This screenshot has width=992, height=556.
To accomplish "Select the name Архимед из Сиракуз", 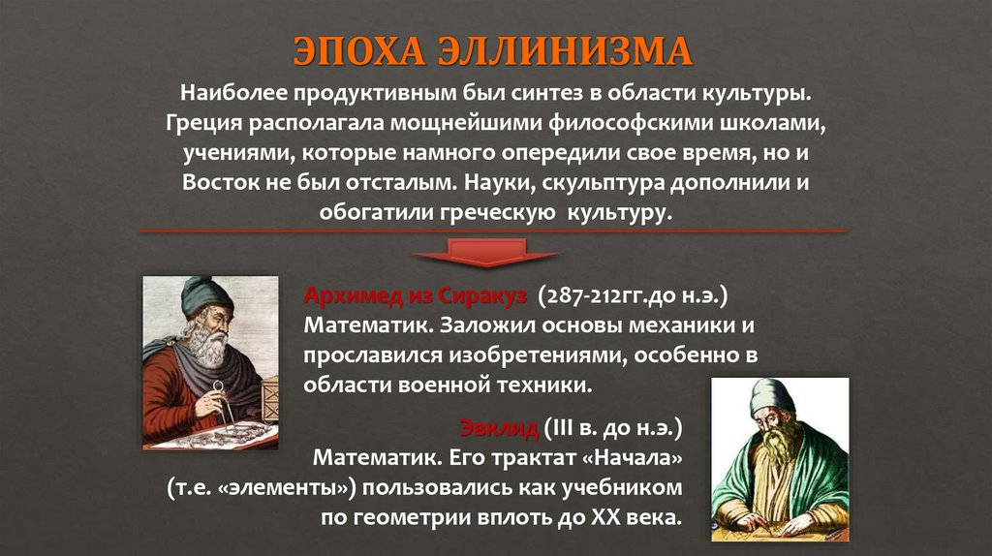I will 415,294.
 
